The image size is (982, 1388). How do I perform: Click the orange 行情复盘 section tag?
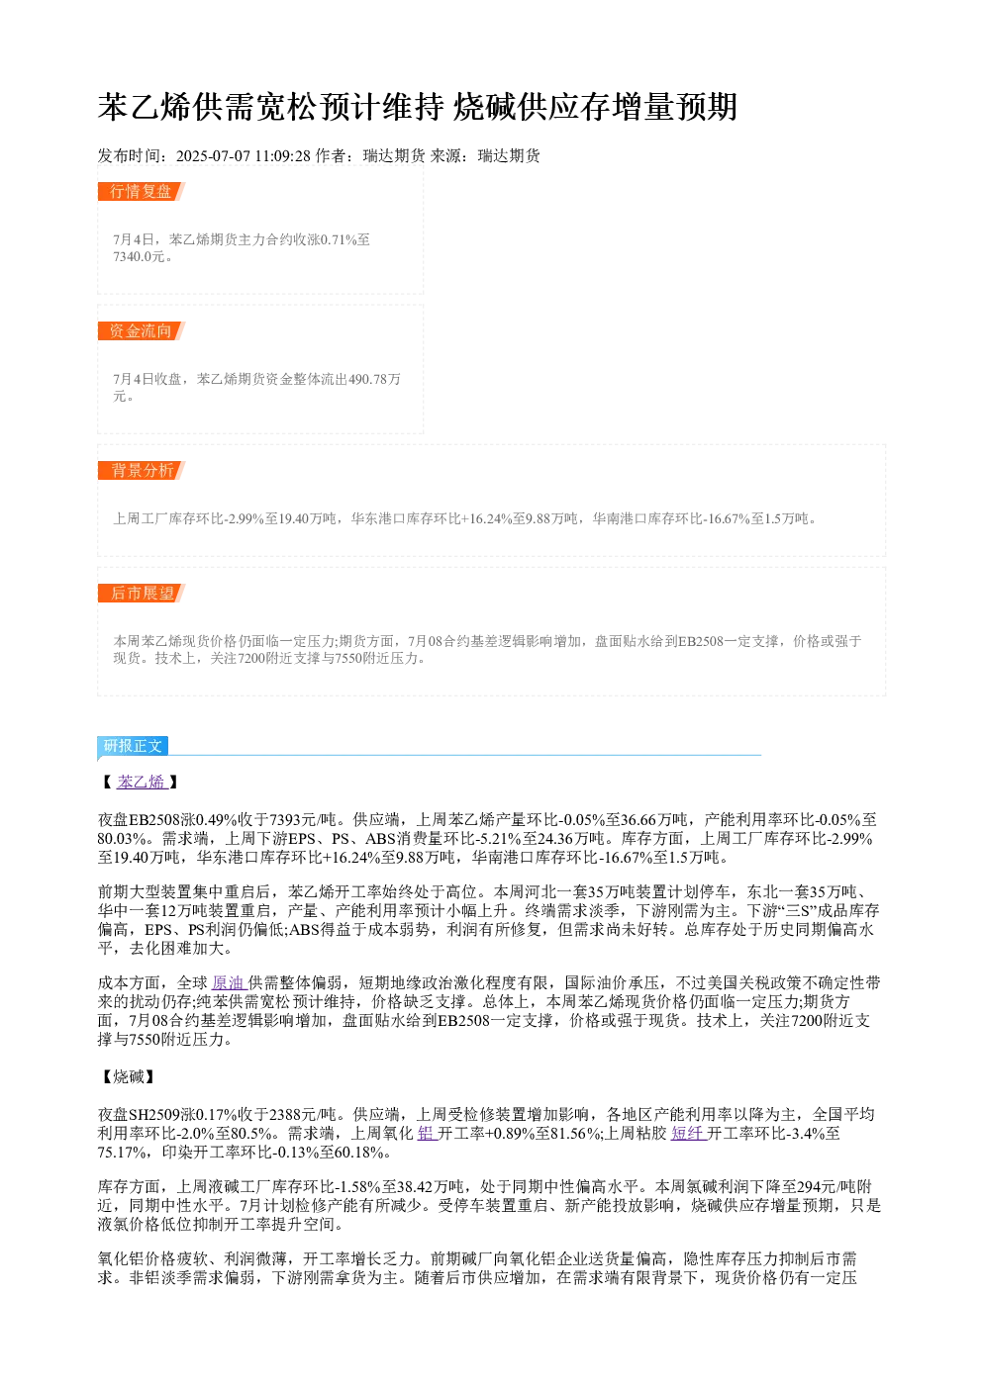pyautogui.click(x=142, y=192)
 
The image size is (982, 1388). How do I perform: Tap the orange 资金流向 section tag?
pyautogui.click(x=142, y=330)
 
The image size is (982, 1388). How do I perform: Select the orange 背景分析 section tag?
pyautogui.click(x=142, y=470)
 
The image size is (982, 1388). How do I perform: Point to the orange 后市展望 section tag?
pyautogui.click(x=142, y=593)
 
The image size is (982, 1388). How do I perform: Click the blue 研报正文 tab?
pyautogui.click(x=133, y=745)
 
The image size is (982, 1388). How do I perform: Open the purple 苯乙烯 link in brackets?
pyautogui.click(x=143, y=782)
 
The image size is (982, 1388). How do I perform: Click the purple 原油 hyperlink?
pyautogui.click(x=230, y=982)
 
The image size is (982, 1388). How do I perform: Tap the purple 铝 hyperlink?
pyautogui.click(x=427, y=1134)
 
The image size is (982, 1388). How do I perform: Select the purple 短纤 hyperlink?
pyautogui.click(x=689, y=1134)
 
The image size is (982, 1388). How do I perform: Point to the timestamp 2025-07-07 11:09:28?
pyautogui.click(x=243, y=155)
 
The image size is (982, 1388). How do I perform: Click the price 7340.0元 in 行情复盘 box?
pyautogui.click(x=140, y=256)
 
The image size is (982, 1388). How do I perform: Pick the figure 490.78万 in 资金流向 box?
pyautogui.click(x=374, y=379)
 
